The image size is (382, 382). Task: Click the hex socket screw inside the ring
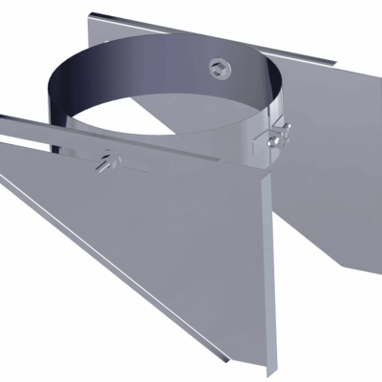click(219, 67)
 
